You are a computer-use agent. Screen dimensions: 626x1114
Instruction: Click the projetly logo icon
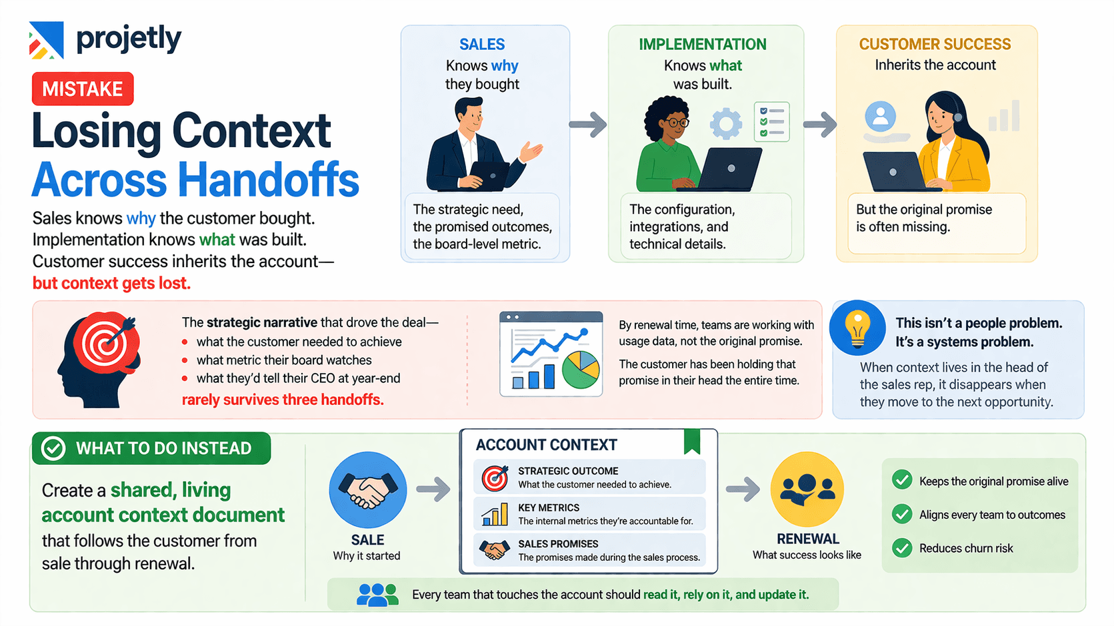coord(46,40)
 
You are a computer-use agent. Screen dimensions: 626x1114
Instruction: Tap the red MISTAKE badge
coord(83,89)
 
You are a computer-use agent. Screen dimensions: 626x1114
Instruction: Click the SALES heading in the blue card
coord(482,45)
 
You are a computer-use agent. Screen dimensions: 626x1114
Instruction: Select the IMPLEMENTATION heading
coord(703,45)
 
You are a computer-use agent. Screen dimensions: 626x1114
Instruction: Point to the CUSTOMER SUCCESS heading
coord(935,45)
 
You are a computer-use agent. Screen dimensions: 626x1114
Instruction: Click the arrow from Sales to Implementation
coord(588,124)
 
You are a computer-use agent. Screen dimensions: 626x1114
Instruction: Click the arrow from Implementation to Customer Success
coord(819,124)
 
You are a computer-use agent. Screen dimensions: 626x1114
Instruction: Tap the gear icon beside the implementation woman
coord(726,124)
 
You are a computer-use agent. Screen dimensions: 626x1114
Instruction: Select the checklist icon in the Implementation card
coord(771,122)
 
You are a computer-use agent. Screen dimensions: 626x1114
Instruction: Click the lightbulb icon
coord(857,328)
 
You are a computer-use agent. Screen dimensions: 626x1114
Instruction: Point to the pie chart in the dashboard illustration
coord(581,370)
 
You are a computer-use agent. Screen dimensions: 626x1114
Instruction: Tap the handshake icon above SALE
coord(367,490)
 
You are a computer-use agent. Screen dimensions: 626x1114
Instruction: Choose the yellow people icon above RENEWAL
coord(807,489)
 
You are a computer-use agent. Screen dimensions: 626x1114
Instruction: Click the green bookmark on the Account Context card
coord(692,441)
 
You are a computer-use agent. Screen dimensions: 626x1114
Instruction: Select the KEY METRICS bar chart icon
coord(495,514)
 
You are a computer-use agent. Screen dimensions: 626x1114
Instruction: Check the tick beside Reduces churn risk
coord(902,548)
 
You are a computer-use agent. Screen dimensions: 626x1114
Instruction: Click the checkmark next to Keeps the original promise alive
coord(902,480)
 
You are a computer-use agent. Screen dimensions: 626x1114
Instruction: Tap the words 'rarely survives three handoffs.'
coord(283,400)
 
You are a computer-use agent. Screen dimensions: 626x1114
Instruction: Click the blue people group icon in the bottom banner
coord(377,594)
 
